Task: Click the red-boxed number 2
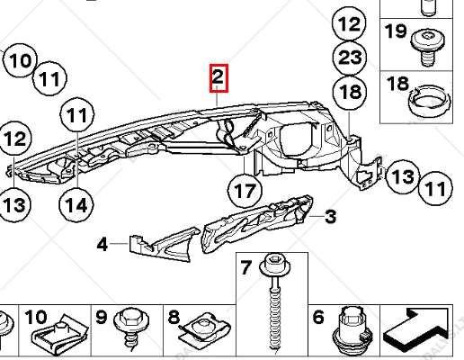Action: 218,79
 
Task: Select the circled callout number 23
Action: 350,57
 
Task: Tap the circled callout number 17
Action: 245,191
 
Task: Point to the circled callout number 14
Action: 77,203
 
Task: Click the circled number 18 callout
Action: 350,92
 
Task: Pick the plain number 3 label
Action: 330,216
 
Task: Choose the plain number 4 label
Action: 103,242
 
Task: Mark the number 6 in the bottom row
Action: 317,317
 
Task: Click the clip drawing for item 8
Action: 200,333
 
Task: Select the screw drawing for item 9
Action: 129,331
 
